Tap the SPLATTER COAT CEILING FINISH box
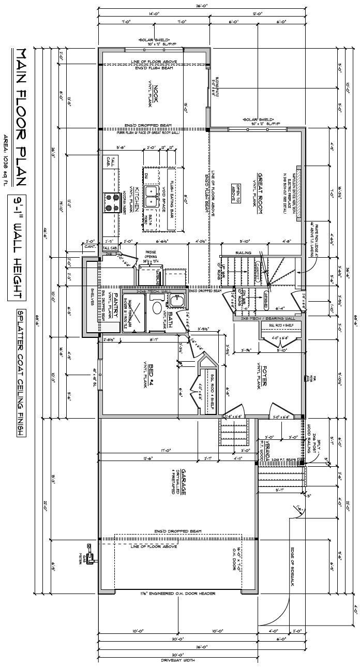pyautogui.click(x=21, y=373)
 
